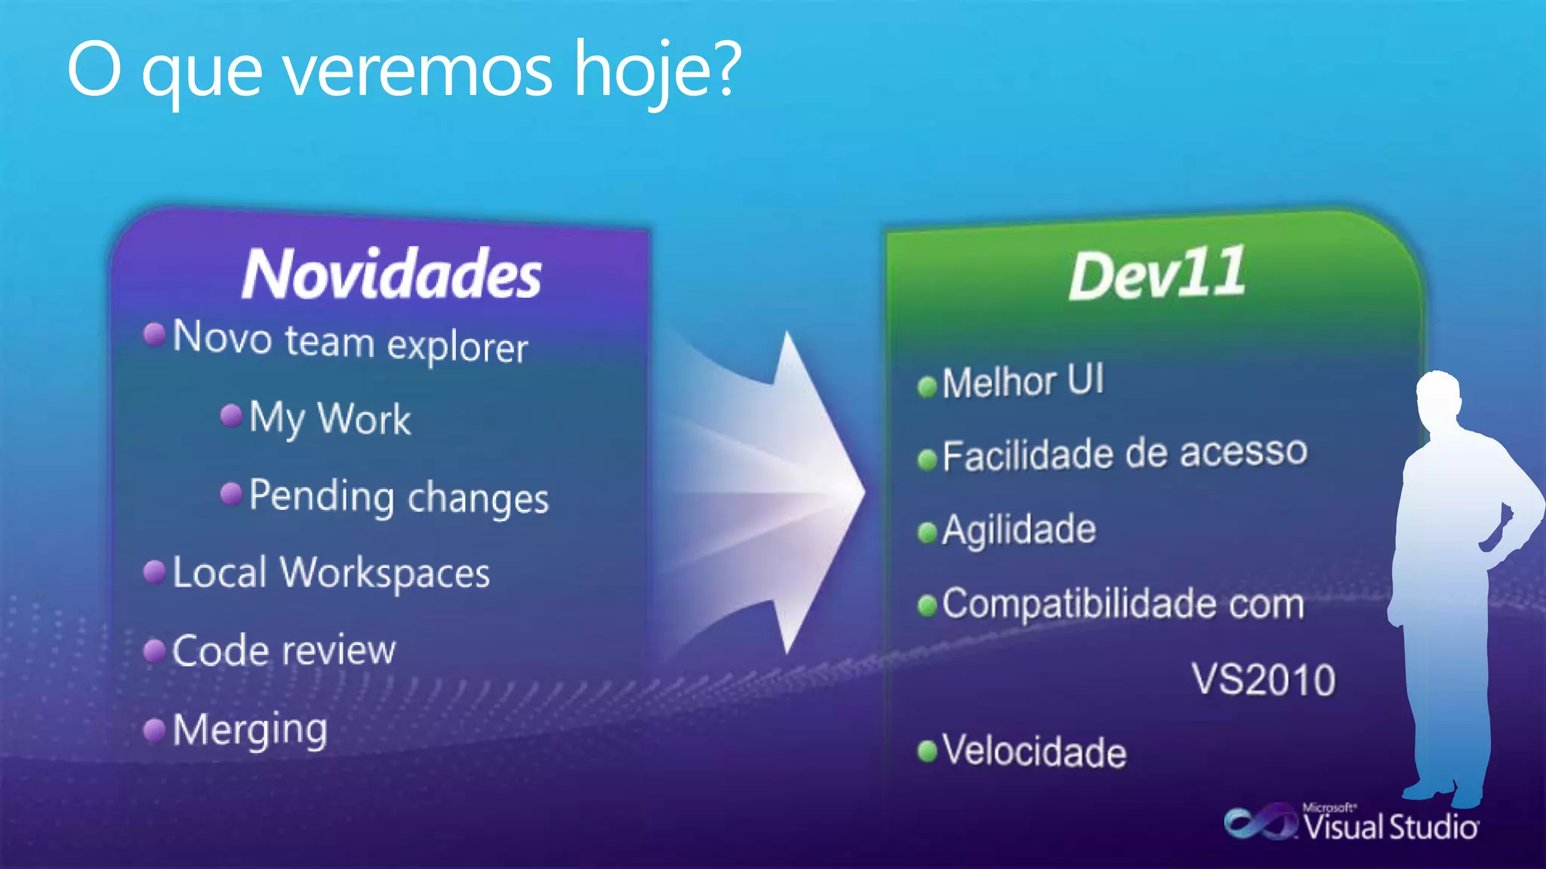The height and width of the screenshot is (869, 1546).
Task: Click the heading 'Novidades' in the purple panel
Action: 391,274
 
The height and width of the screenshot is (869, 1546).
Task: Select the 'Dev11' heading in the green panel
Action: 1156,274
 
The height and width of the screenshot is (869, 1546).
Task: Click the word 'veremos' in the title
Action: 417,71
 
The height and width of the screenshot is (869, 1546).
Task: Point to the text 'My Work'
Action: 330,419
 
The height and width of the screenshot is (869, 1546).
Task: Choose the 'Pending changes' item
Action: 399,498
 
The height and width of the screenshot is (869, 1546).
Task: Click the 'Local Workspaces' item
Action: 331,573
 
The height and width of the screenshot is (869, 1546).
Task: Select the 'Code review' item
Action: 284,651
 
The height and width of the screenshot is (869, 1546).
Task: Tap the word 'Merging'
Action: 250,730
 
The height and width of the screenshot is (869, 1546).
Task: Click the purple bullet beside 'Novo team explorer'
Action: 155,333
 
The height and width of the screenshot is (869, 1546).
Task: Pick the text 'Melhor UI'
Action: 1023,382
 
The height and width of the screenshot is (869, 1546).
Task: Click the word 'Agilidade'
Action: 1019,530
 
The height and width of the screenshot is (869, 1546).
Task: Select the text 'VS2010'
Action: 1264,680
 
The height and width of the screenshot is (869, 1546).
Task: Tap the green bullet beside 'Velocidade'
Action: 927,751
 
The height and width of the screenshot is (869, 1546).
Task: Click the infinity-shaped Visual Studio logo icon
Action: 1258,822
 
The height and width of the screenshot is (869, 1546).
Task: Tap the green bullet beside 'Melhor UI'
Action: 927,387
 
